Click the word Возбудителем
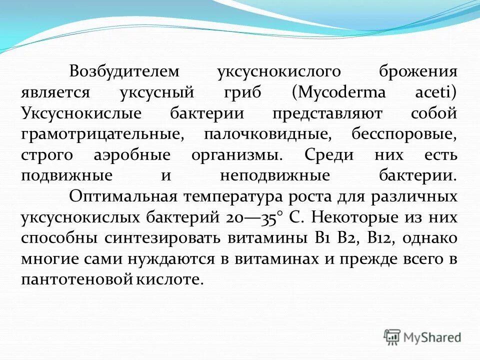(124, 71)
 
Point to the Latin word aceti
(436, 92)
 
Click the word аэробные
(132, 155)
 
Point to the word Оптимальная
(124, 196)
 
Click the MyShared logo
(422, 337)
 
